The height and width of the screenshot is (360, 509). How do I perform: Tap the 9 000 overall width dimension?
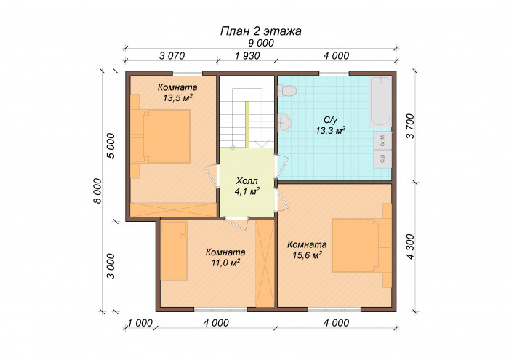coord(260,44)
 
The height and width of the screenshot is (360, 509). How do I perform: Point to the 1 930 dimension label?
coord(247,56)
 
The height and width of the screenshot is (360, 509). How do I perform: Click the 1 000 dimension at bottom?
coord(140,322)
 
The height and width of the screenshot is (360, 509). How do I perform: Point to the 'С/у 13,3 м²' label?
coord(330,125)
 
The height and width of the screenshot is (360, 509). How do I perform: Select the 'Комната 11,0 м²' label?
coord(225,257)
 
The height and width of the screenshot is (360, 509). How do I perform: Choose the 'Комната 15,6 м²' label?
coord(306,249)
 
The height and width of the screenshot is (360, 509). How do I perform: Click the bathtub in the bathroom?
coord(380,101)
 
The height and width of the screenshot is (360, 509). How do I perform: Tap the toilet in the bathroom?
coord(286,91)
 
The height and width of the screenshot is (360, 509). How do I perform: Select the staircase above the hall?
coord(247,116)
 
